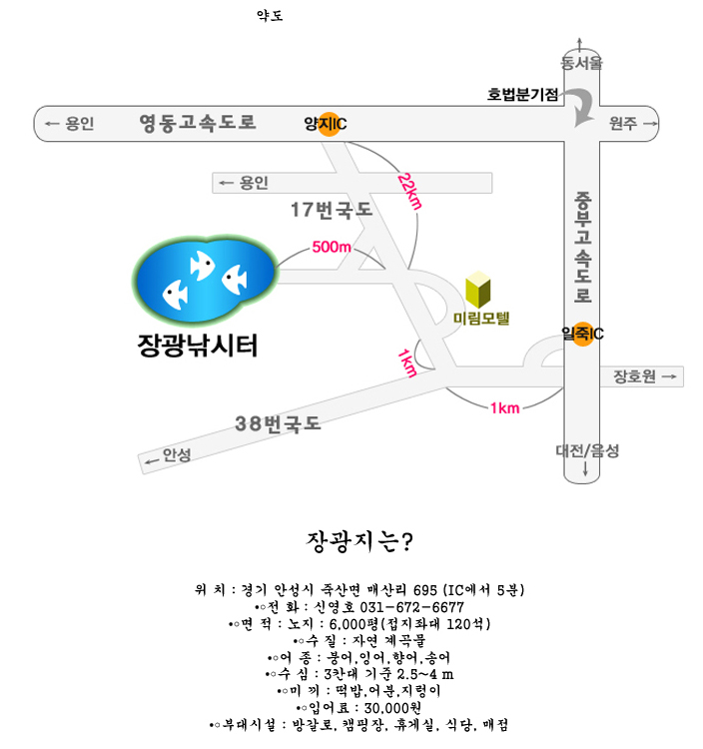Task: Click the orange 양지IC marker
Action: [x=329, y=124]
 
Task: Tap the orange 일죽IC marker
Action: [x=582, y=334]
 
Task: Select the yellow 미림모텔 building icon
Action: [x=478, y=290]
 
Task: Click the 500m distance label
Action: [x=332, y=247]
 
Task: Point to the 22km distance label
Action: [x=409, y=192]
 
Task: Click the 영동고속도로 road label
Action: [x=198, y=123]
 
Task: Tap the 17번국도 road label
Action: [x=332, y=210]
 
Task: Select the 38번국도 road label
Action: [x=278, y=423]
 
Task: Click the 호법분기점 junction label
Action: [x=522, y=94]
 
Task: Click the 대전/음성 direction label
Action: [x=587, y=450]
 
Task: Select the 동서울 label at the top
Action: [x=581, y=63]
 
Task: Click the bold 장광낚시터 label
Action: [x=198, y=345]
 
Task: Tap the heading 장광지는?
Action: [x=359, y=541]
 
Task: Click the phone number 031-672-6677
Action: [x=411, y=607]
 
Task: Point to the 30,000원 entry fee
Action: [x=392, y=707]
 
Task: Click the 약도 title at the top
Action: [x=270, y=16]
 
